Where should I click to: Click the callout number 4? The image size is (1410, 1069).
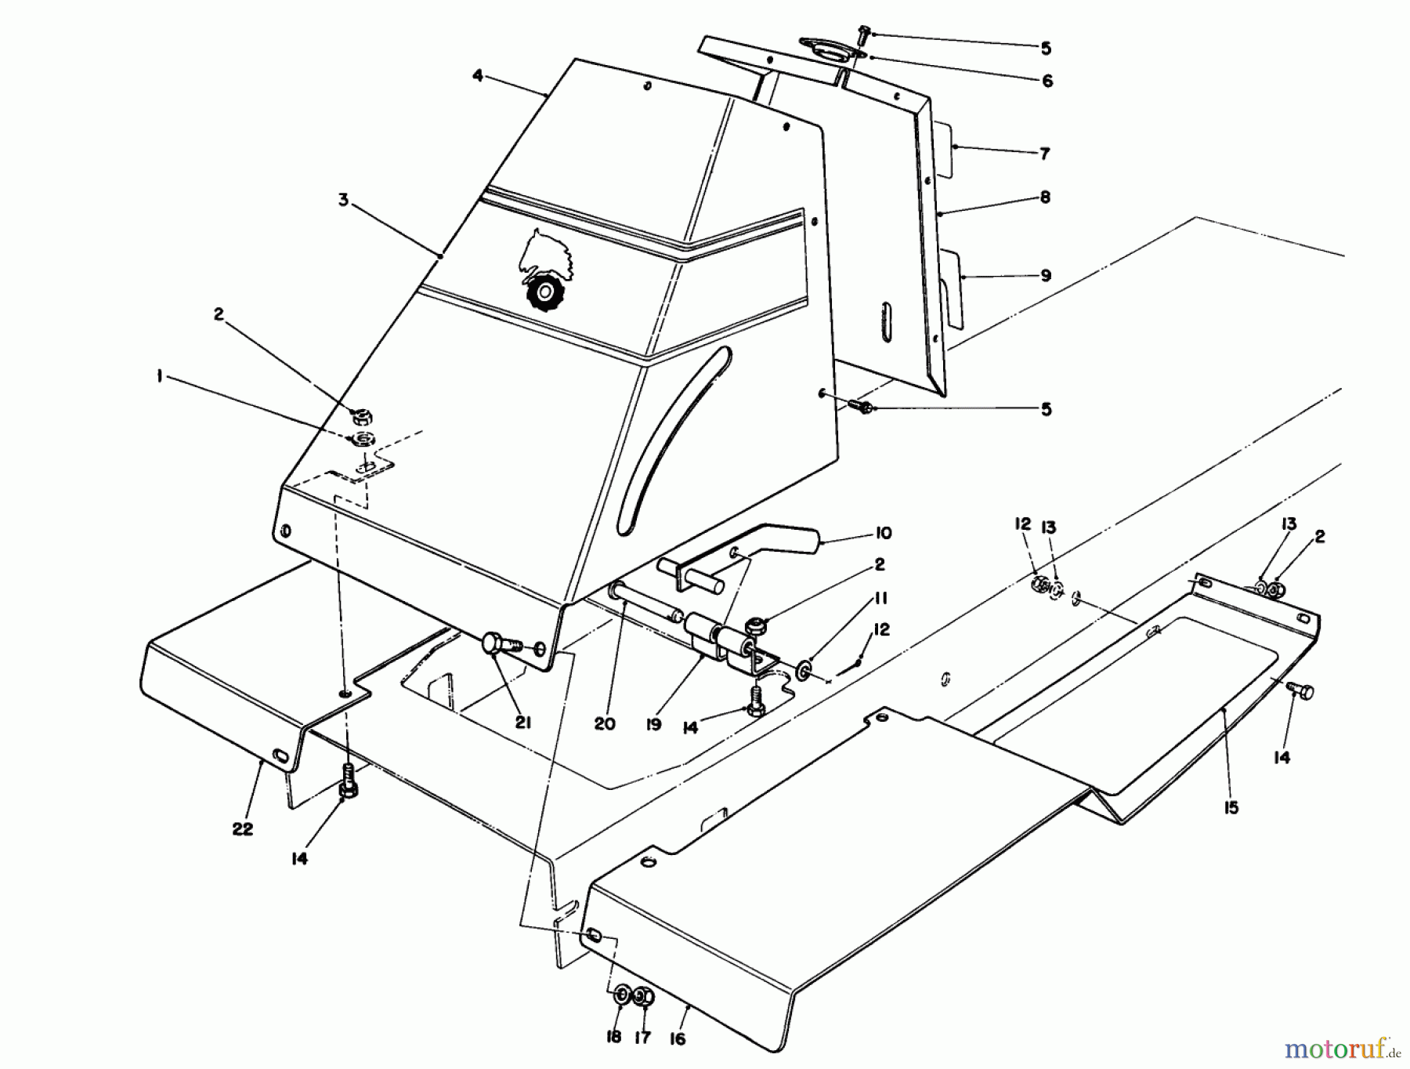pyautogui.click(x=477, y=75)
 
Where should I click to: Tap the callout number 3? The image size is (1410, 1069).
pyautogui.click(x=343, y=201)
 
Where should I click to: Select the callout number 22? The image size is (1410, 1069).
pyautogui.click(x=243, y=829)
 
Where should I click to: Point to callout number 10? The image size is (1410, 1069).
pyautogui.click(x=883, y=534)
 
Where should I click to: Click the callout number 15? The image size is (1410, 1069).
pyautogui.click(x=1231, y=808)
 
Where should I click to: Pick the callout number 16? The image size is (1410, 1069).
pyautogui.click(x=678, y=1038)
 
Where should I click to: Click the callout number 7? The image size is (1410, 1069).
pyautogui.click(x=1044, y=154)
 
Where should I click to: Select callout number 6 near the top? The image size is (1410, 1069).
pyautogui.click(x=1047, y=81)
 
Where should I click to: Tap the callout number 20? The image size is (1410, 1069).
pyautogui.click(x=604, y=723)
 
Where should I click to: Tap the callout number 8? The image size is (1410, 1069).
pyautogui.click(x=1045, y=197)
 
